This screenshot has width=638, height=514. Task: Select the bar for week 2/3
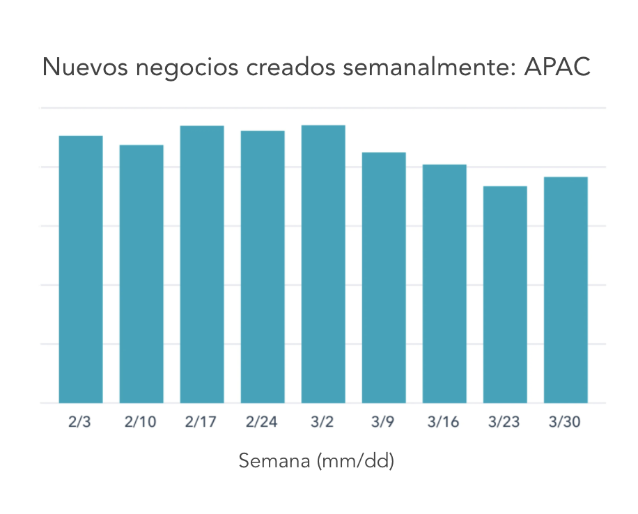pyautogui.click(x=81, y=269)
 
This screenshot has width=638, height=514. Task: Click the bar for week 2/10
pyautogui.click(x=141, y=274)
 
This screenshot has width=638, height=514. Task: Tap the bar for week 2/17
pyautogui.click(x=202, y=264)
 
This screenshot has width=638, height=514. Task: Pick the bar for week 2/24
pyautogui.click(x=263, y=267)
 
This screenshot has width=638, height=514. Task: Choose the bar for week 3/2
pyautogui.click(x=323, y=264)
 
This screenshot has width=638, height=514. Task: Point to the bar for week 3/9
pyautogui.click(x=384, y=277)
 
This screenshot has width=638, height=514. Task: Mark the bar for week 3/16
pyautogui.click(x=444, y=283)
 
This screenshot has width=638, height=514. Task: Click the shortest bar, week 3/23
pyautogui.click(x=505, y=294)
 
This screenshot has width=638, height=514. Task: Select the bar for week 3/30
pyautogui.click(x=566, y=290)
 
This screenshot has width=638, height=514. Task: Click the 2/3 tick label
pyautogui.click(x=81, y=423)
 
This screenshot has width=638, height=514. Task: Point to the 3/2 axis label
pyautogui.click(x=323, y=423)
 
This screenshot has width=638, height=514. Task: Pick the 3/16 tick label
pyautogui.click(x=444, y=423)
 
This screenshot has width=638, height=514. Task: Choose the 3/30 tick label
pyautogui.click(x=566, y=423)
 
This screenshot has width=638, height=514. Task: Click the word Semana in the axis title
pyautogui.click(x=274, y=461)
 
